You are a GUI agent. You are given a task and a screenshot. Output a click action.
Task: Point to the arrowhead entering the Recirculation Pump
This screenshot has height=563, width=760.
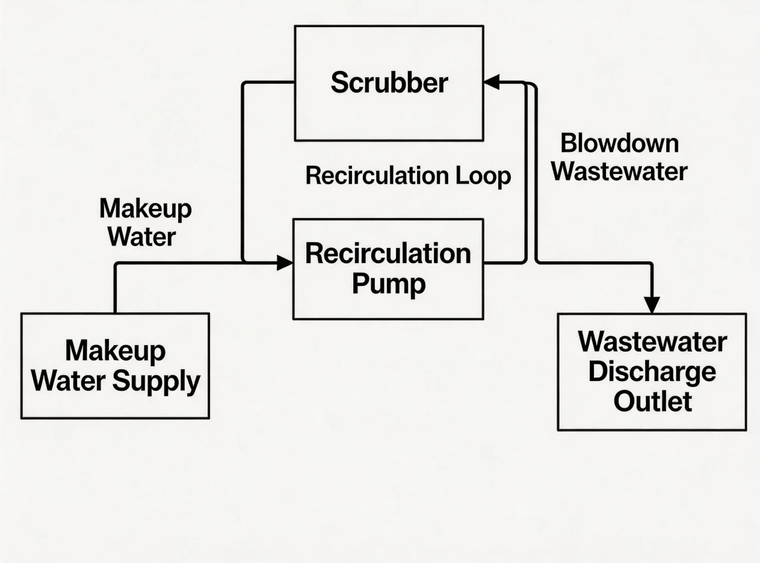coord(285,263)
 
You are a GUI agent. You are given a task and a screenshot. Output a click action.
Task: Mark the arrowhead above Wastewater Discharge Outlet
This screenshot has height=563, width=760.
coord(652,305)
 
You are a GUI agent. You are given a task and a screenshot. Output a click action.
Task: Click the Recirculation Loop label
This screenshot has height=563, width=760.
coord(408,176)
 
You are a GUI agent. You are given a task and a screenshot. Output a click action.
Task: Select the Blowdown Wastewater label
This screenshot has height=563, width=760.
coord(619,158)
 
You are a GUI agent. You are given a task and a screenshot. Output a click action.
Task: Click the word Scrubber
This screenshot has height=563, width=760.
coord(389,82)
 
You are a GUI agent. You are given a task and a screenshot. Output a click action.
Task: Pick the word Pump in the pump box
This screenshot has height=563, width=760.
coord(388,284)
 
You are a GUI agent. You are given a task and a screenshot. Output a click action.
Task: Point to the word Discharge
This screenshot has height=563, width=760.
coord(652,372)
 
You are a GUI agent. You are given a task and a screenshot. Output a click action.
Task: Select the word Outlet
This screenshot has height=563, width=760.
coord(652,401)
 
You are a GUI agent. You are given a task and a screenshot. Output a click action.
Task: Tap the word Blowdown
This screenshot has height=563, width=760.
coord(619,144)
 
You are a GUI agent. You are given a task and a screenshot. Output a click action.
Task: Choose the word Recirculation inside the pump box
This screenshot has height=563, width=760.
coord(388,254)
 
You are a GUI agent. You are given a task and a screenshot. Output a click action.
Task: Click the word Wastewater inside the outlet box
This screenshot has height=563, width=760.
coord(652,342)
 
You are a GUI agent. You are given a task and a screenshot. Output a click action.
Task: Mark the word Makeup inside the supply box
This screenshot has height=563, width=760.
coord(115,351)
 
